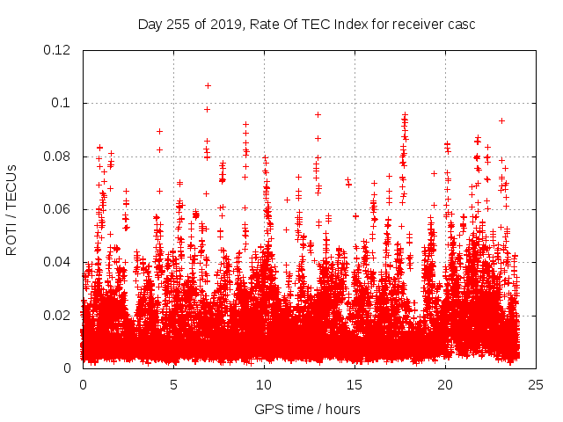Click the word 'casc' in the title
click(459, 24)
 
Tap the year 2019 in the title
click(226, 24)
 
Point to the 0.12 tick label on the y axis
click(58, 50)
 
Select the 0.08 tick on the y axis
click(58, 156)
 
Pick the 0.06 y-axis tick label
click(58, 209)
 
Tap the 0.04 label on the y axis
click(58, 262)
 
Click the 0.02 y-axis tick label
click(58, 315)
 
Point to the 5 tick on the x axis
click(173, 385)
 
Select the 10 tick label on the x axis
click(264, 385)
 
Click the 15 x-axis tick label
click(355, 385)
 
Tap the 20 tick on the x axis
click(445, 385)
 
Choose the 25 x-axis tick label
click(536, 385)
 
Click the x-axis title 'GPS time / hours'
click(307, 409)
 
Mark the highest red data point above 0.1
click(208, 85)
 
